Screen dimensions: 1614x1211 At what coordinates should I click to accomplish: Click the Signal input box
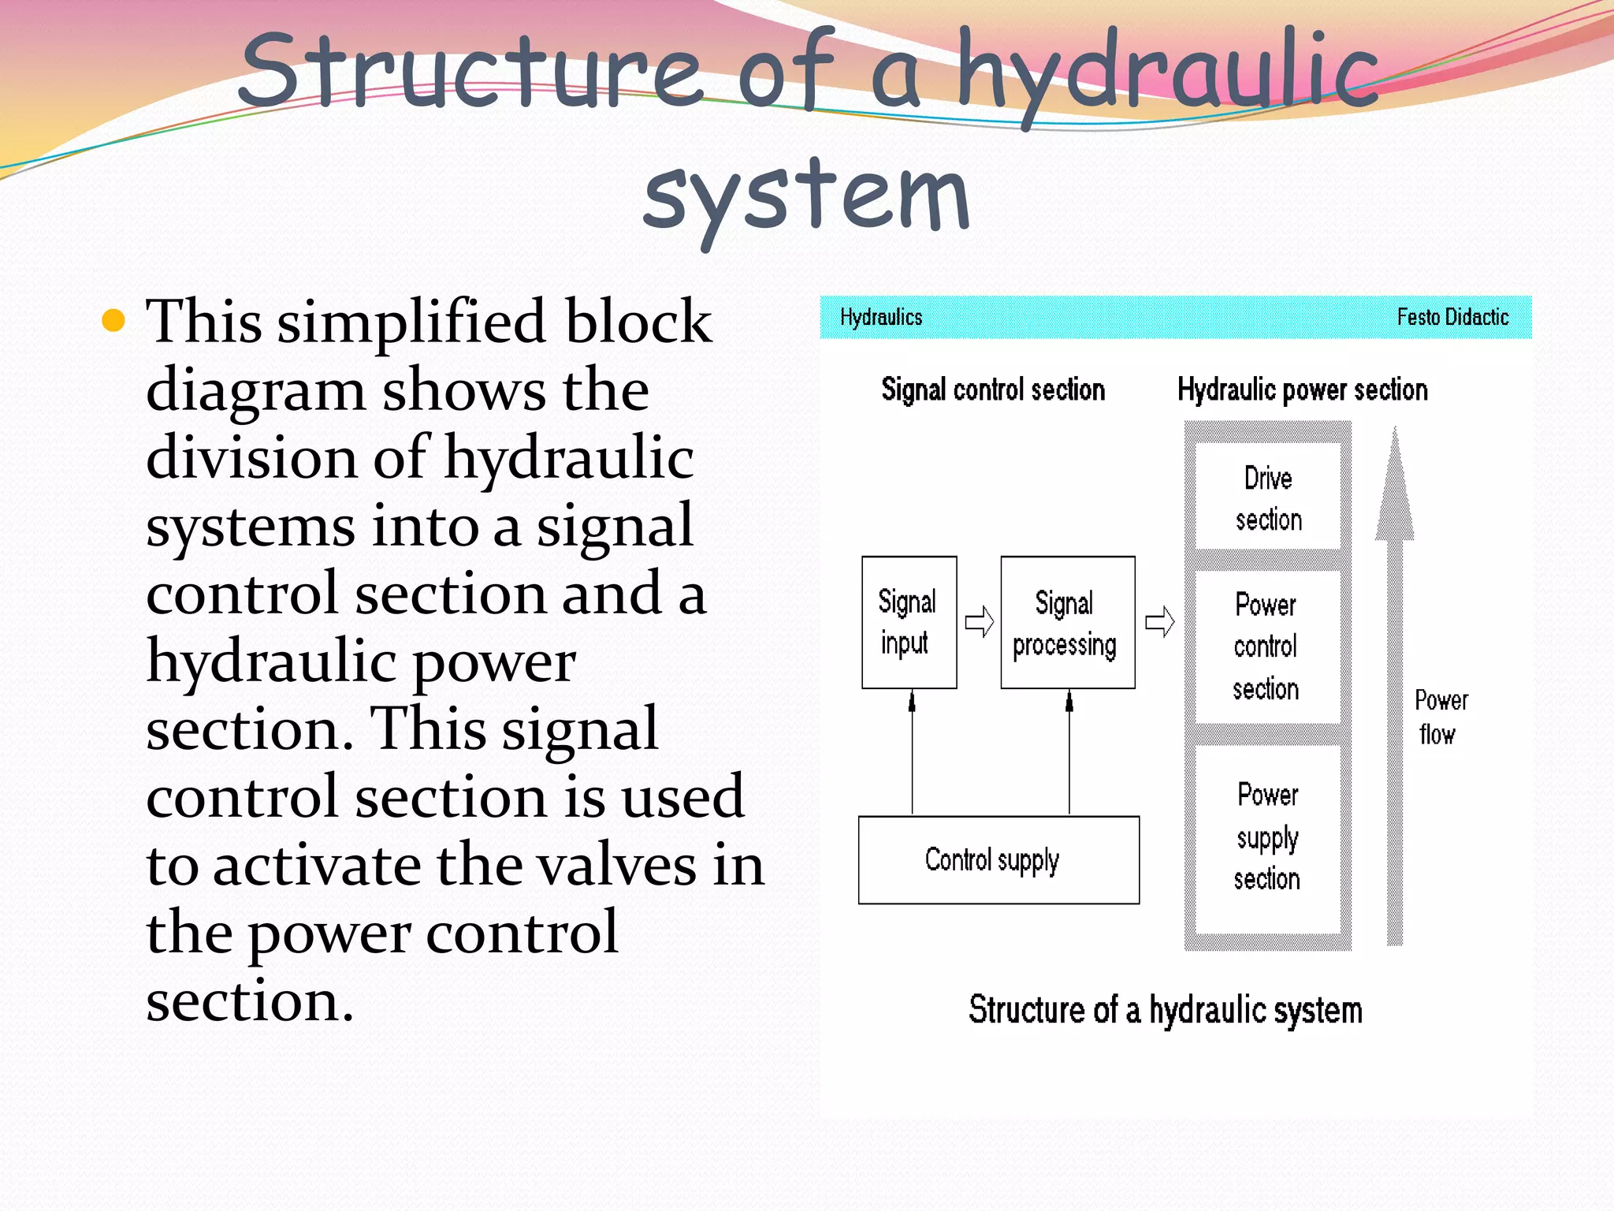[x=909, y=622]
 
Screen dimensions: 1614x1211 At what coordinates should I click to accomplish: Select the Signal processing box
[x=1067, y=622]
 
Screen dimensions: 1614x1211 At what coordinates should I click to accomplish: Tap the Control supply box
[x=998, y=859]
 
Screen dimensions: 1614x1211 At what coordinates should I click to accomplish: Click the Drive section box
[x=1267, y=497]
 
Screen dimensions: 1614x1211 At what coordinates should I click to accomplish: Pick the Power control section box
[x=1266, y=646]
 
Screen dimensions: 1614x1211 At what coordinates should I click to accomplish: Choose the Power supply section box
[x=1267, y=837]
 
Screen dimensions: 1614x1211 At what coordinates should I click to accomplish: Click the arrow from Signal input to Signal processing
[x=980, y=622]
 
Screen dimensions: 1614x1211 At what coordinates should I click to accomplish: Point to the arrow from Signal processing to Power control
[x=1159, y=622]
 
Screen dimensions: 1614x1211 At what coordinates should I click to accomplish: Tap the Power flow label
[x=1440, y=717]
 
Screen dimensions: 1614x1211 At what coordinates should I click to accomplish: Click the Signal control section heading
[x=993, y=389]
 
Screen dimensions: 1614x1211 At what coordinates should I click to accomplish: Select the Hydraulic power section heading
[x=1302, y=389]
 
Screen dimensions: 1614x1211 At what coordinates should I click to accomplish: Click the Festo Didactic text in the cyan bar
[x=1452, y=317]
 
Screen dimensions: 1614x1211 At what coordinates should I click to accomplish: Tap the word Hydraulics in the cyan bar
[x=880, y=317]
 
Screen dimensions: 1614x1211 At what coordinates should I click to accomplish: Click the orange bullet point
[x=114, y=320]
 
